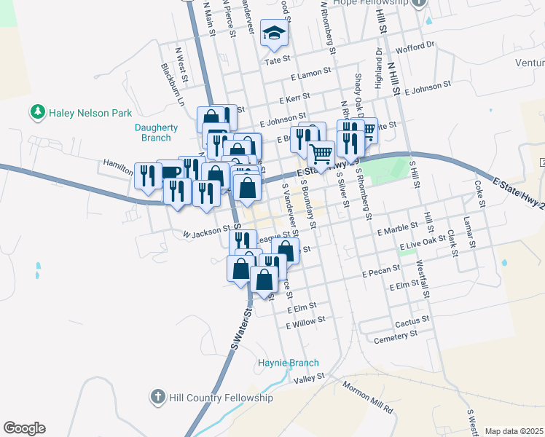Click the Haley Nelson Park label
click(x=90, y=113)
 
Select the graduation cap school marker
click(x=275, y=33)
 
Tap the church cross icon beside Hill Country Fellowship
click(x=157, y=398)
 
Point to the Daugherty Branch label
click(x=157, y=132)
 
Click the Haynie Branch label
click(x=289, y=363)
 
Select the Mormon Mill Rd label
click(x=367, y=398)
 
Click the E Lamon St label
click(x=310, y=74)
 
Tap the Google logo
click(x=24, y=428)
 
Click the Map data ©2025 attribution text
click(x=514, y=431)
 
